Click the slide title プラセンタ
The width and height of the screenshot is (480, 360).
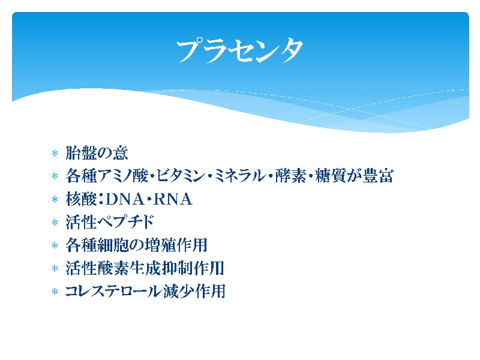click(239, 50)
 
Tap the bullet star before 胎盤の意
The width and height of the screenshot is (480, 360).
click(55, 153)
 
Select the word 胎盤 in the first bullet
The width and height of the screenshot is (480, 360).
click(82, 152)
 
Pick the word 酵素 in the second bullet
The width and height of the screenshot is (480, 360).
click(290, 176)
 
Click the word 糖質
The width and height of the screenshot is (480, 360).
click(331, 176)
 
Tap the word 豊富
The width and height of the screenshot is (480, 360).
click(378, 176)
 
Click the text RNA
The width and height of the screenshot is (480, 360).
click(173, 199)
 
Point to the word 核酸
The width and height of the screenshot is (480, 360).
click(82, 199)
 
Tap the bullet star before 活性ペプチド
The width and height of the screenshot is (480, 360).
click(55, 222)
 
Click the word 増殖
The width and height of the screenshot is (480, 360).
click(160, 245)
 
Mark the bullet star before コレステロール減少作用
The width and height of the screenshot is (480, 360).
click(55, 292)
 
